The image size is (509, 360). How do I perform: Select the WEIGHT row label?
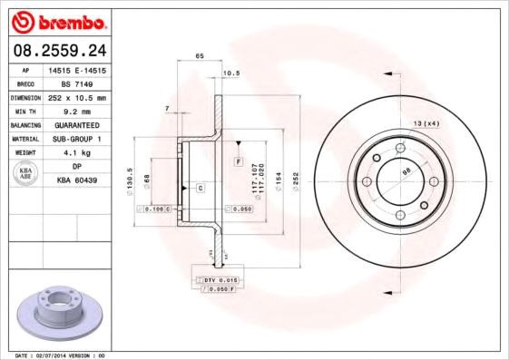24,153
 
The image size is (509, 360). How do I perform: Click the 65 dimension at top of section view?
200,56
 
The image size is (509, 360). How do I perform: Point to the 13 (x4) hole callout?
426,122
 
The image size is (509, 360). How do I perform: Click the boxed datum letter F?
239,161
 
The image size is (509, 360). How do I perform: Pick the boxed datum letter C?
201,188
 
